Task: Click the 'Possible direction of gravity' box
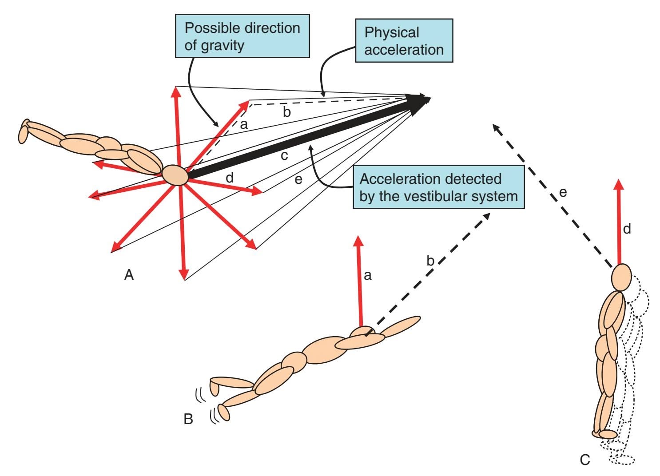pos(242,36)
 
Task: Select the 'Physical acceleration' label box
pos(404,40)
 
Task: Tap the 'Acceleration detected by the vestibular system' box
pos(438,187)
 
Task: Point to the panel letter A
pos(129,275)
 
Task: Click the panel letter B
pos(188,419)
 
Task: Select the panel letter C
pos(585,460)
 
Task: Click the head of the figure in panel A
pos(175,175)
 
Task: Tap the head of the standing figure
pos(621,277)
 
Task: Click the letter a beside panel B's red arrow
pos(367,276)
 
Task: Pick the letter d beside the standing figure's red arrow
pos(627,229)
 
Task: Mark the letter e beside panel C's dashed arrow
pos(563,193)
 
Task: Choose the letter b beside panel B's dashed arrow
pos(430,261)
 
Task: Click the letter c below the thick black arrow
pos(284,156)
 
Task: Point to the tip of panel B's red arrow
pos(358,239)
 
